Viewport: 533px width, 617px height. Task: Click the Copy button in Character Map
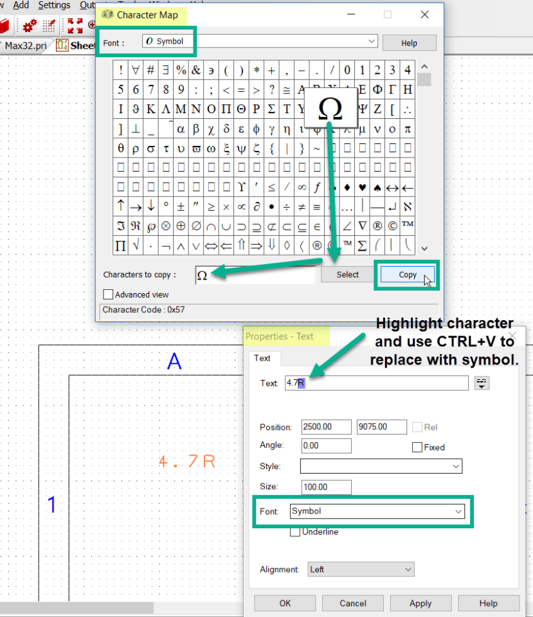[x=408, y=274]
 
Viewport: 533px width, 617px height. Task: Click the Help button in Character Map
[x=409, y=43]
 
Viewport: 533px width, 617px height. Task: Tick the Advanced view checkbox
[x=108, y=294]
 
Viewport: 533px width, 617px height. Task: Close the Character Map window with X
[x=424, y=15]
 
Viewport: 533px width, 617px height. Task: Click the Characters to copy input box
[x=255, y=274]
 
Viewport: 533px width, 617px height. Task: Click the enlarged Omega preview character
[x=330, y=109]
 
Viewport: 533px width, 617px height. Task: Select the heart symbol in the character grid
[x=363, y=188]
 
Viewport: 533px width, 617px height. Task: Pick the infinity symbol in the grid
[x=302, y=188]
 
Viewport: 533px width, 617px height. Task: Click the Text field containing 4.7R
[x=376, y=383]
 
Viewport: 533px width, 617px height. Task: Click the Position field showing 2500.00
[x=326, y=427]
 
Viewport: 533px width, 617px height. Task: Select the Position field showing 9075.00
[x=381, y=427]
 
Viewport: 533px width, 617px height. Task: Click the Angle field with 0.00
[x=326, y=446]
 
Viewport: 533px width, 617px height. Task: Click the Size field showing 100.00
[x=326, y=487]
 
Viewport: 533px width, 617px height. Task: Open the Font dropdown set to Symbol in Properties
[x=377, y=512]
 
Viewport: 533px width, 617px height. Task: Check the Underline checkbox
[x=295, y=532]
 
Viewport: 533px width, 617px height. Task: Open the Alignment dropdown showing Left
[x=361, y=569]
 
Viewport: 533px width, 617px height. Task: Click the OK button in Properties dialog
[x=285, y=604]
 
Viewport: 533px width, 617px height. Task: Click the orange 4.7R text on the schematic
[x=187, y=461]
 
